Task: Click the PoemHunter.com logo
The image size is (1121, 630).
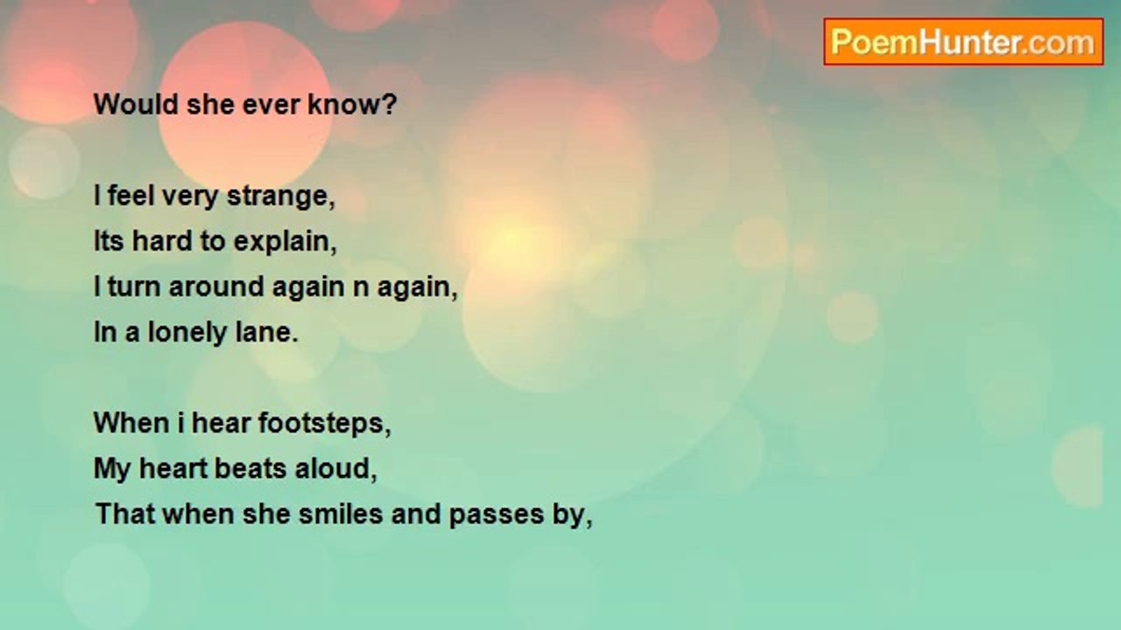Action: [x=963, y=42]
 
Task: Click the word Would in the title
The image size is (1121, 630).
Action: [x=136, y=104]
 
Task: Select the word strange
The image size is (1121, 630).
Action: [x=281, y=197]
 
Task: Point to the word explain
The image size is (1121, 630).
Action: [x=286, y=242]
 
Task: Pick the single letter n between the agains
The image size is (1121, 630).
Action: [x=361, y=288]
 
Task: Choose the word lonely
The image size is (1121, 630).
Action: [x=187, y=333]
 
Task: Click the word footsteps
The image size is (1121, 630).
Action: [x=324, y=424]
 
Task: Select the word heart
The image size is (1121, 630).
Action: [x=173, y=469]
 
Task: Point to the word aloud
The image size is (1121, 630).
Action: [x=335, y=469]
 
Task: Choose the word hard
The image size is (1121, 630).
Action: [x=162, y=241]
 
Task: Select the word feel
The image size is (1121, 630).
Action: [x=130, y=196]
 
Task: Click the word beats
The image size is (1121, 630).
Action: [x=250, y=469]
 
